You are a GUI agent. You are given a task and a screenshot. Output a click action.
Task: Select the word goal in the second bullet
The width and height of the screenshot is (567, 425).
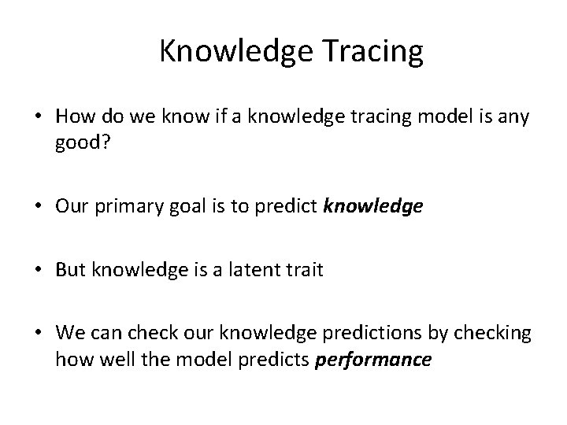pyautogui.click(x=183, y=206)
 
